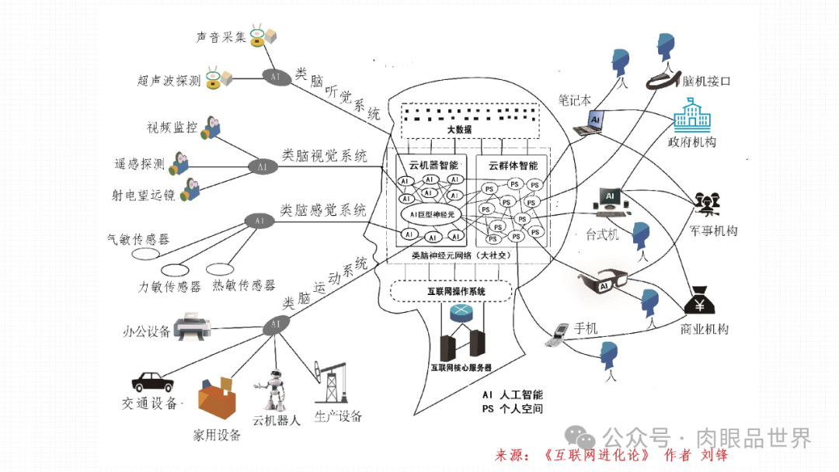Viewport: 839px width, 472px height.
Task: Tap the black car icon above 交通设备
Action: click(152, 381)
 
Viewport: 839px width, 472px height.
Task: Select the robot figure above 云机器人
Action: click(273, 390)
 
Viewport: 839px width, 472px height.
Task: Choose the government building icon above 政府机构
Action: click(689, 116)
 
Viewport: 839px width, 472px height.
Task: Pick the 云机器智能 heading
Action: click(428, 165)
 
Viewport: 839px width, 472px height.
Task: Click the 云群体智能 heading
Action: click(513, 165)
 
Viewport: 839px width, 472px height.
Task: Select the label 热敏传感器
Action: click(243, 286)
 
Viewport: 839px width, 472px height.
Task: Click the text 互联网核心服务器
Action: click(461, 367)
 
